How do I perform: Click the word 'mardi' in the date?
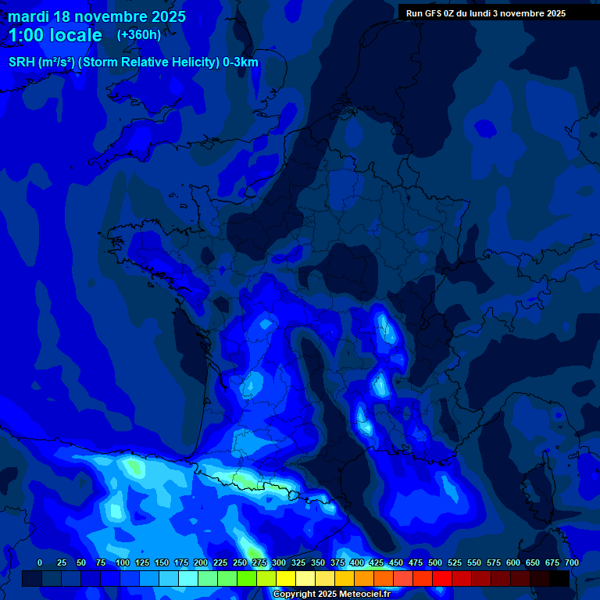click(x=28, y=16)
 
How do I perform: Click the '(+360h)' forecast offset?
click(x=139, y=35)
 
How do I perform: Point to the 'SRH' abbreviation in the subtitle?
click(x=22, y=62)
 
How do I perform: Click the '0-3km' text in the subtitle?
click(x=241, y=62)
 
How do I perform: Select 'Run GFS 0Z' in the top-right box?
click(x=430, y=13)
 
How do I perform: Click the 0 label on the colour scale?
click(x=40, y=562)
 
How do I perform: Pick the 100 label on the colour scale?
click(x=123, y=562)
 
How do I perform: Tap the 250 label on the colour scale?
click(x=240, y=562)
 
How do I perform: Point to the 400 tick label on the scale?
click(x=357, y=562)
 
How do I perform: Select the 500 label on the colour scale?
click(x=435, y=562)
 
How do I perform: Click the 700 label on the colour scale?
click(x=572, y=562)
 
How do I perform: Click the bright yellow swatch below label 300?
click(x=286, y=578)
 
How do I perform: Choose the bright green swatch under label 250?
click(x=247, y=578)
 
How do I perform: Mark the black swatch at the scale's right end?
click(x=559, y=578)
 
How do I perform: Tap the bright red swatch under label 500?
click(x=442, y=578)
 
